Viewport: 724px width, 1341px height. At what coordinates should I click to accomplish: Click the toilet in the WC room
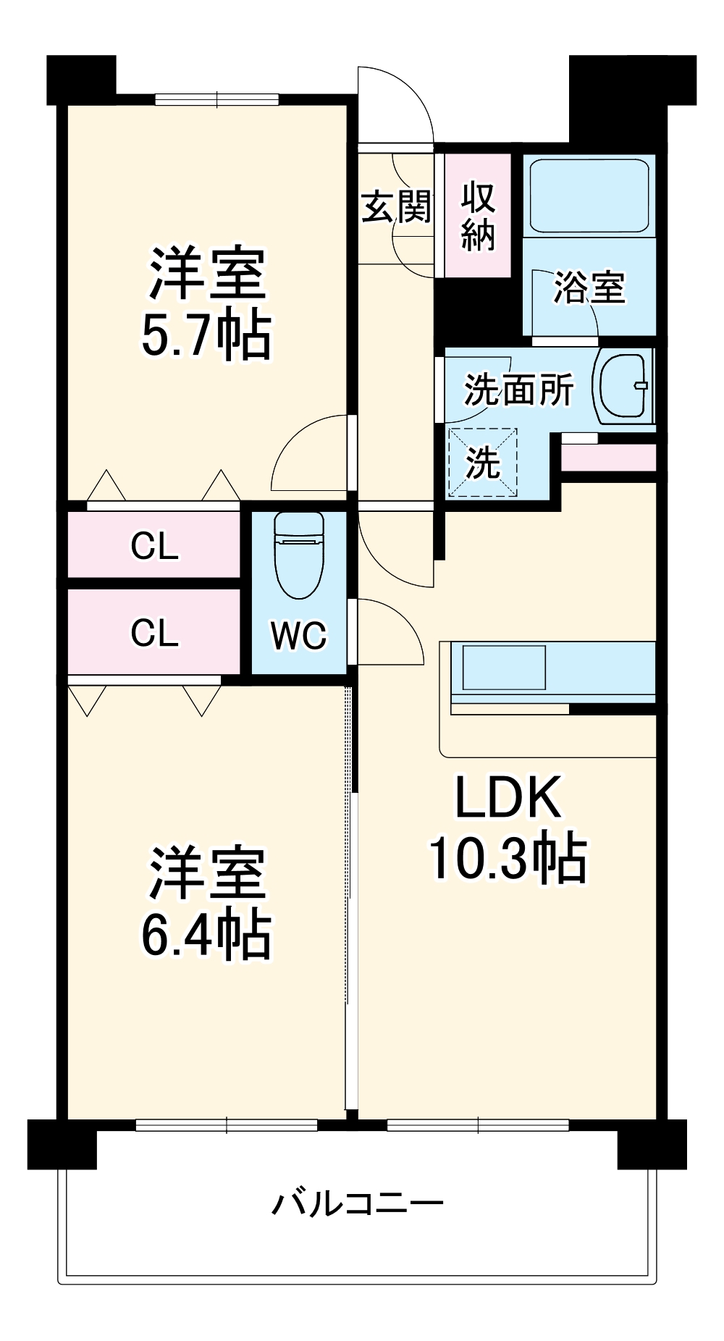(299, 555)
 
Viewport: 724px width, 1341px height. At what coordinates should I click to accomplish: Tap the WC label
(299, 636)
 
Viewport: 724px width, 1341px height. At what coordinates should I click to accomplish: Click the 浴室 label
(589, 287)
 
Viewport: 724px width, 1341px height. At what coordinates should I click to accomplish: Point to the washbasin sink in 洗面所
(623, 385)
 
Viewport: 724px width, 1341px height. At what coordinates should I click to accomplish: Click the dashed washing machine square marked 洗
(483, 463)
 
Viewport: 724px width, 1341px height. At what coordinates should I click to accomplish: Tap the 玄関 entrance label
(397, 208)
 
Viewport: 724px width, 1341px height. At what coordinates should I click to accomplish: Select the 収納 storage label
(478, 217)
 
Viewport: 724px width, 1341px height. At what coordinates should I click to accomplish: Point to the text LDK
(508, 797)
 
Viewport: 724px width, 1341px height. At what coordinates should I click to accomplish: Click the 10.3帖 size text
(508, 858)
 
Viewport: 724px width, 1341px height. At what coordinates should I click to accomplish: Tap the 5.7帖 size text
(207, 335)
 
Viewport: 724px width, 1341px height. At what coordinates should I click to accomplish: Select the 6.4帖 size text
(207, 934)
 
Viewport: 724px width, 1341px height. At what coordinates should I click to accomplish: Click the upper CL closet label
(154, 545)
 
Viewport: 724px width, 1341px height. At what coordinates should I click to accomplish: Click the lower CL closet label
(154, 632)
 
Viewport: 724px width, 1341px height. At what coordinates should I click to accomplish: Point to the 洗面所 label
(518, 390)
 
